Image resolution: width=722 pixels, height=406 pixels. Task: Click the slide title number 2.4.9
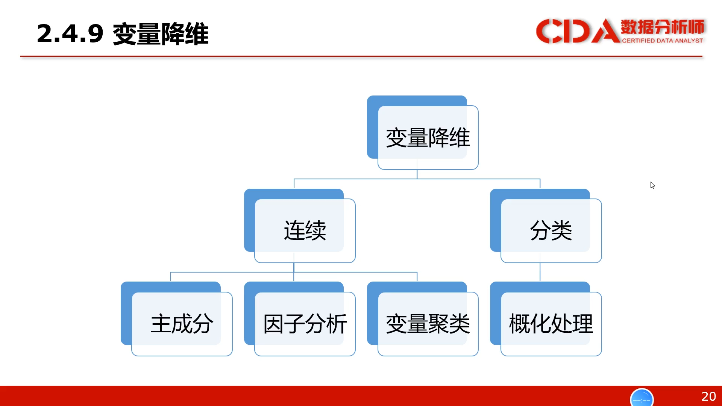pos(70,34)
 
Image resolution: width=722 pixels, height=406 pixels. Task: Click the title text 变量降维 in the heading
pos(161,34)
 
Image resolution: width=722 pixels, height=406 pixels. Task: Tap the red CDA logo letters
pos(578,31)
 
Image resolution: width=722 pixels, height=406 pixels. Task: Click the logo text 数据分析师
pos(662,27)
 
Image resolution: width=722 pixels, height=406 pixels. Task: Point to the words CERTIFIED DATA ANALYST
pos(662,41)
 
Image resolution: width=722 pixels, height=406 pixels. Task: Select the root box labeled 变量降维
pos(423,132)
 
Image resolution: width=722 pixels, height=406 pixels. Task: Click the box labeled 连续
pos(300,226)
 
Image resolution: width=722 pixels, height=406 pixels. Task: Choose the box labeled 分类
pos(546,226)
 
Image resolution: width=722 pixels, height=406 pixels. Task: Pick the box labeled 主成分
pos(176,319)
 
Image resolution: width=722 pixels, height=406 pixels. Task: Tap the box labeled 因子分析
pos(300,319)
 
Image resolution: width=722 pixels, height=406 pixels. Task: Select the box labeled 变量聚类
pos(423,319)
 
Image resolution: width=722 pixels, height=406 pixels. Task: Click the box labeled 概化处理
pos(546,319)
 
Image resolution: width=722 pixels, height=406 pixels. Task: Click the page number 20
pos(709,396)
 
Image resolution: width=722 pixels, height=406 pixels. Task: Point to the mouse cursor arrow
pos(652,185)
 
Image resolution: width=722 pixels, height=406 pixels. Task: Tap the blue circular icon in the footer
pos(642,397)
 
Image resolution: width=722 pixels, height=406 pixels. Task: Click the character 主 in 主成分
pos(161,324)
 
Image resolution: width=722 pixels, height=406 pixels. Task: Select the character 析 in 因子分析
pos(337,324)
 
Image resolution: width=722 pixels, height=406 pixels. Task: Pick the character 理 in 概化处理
pos(582,324)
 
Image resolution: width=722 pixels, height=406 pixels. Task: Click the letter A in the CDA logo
pos(606,31)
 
